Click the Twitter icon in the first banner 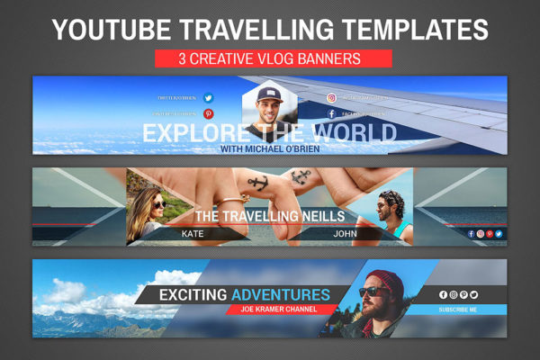click(208, 98)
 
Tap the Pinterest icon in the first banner click(208, 114)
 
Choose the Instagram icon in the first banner click(331, 98)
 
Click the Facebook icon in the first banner click(331, 114)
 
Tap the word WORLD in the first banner click(355, 133)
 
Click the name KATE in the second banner click(193, 233)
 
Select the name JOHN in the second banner click(346, 233)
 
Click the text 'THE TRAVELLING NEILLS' click(270, 217)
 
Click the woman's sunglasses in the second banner click(158, 204)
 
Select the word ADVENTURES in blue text click(280, 294)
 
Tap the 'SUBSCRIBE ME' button click(458, 310)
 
